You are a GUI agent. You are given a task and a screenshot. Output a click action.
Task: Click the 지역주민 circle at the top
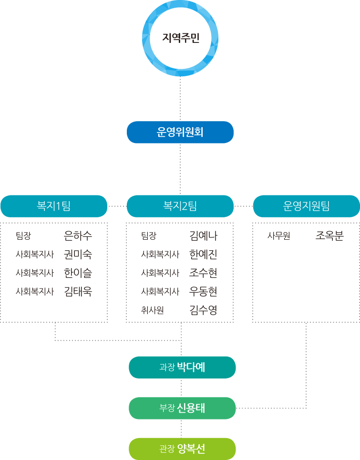[x=180, y=38]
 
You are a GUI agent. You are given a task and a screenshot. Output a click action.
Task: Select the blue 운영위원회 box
[x=180, y=132]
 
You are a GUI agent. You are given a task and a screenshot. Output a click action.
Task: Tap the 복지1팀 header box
[x=54, y=206]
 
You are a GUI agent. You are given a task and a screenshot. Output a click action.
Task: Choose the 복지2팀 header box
[x=180, y=206]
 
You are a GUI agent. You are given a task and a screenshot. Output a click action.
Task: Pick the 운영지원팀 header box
[x=306, y=206]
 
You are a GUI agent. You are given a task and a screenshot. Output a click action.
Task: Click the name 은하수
[x=78, y=235]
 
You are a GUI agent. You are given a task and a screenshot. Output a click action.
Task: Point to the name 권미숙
[x=78, y=254]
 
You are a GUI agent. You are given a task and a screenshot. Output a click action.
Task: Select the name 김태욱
[x=78, y=291]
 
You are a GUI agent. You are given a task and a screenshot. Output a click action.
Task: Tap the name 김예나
[x=203, y=235]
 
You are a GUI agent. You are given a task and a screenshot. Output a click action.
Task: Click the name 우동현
[x=203, y=291]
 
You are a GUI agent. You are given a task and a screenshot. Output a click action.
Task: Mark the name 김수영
[x=203, y=310]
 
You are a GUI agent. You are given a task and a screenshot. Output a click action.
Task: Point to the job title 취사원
[x=153, y=310]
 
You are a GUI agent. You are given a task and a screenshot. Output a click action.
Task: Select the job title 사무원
[x=278, y=235]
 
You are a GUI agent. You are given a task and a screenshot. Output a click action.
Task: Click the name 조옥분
[x=329, y=235]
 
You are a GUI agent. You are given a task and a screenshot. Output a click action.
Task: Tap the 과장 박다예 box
[x=182, y=368]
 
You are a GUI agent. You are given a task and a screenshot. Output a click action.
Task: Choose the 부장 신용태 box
[x=182, y=408]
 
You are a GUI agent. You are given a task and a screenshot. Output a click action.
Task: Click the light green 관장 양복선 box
[x=182, y=449]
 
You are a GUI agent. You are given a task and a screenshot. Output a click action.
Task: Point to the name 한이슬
[x=78, y=273]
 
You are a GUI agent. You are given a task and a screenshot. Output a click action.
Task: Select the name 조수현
[x=203, y=273]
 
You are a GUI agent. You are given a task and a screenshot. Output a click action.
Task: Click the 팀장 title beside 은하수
[x=23, y=235]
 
